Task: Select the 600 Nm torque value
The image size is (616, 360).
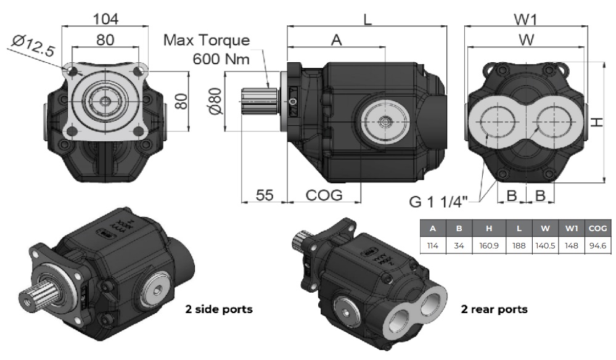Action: click(x=221, y=60)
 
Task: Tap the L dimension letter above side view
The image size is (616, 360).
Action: click(x=368, y=18)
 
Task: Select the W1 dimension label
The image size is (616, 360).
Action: click(x=525, y=18)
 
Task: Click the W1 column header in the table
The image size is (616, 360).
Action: click(x=572, y=228)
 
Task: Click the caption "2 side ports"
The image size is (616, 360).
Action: click(x=219, y=309)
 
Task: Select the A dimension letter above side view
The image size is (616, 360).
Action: click(x=336, y=40)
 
